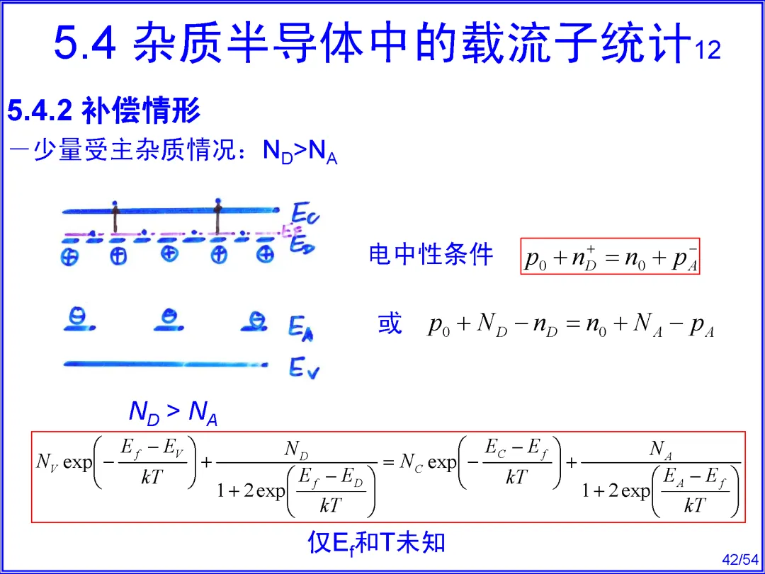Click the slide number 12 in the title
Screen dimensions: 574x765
coord(708,50)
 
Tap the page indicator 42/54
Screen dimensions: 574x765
coord(739,559)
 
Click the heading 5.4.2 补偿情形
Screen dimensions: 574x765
coord(104,110)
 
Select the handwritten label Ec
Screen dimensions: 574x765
coord(305,212)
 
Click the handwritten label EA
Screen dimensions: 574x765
coord(301,327)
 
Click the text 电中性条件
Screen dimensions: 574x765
coord(430,255)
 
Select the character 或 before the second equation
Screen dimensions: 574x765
coord(390,324)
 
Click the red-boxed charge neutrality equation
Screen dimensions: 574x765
coord(610,257)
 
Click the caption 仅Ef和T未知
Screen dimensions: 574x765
coord(376,542)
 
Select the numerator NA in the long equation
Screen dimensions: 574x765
coord(660,448)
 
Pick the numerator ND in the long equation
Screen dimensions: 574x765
coord(297,448)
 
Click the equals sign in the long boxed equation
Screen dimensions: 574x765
coord(388,463)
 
